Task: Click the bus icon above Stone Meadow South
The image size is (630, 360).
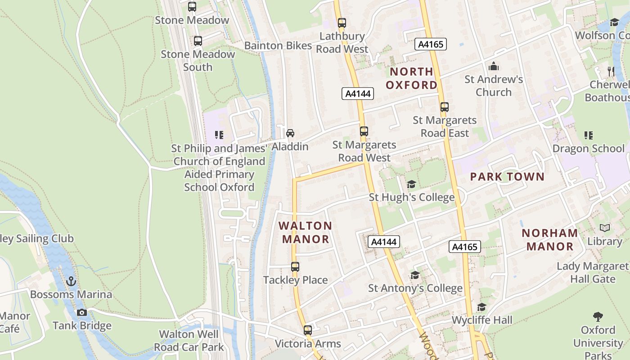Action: click(x=198, y=41)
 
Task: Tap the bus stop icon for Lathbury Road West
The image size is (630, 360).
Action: click(x=342, y=22)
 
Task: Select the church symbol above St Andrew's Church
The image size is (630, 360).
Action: click(x=494, y=67)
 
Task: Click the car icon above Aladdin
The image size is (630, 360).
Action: click(x=290, y=133)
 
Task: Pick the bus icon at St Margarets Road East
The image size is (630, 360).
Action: click(x=445, y=107)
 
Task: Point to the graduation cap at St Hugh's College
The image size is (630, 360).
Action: click(x=411, y=184)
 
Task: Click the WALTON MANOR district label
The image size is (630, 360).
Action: click(x=306, y=232)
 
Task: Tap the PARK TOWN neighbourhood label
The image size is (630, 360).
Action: click(x=507, y=177)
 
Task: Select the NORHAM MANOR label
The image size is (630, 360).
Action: click(x=550, y=239)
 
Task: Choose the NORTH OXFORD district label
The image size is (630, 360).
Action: click(x=411, y=78)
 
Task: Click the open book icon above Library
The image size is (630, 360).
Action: click(x=605, y=228)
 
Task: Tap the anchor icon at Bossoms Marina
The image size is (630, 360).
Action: click(x=71, y=282)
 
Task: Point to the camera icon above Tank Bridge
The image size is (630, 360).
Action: click(x=82, y=312)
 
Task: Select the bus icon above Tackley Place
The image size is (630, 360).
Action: click(x=295, y=267)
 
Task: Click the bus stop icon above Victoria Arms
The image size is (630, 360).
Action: click(x=308, y=330)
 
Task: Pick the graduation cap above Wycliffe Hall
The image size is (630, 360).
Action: click(x=481, y=307)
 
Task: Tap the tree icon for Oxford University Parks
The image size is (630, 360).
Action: click(x=598, y=316)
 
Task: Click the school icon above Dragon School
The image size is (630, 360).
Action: click(x=588, y=135)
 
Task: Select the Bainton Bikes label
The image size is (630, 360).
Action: click(x=278, y=45)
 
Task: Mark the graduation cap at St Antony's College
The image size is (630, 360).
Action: click(x=415, y=275)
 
